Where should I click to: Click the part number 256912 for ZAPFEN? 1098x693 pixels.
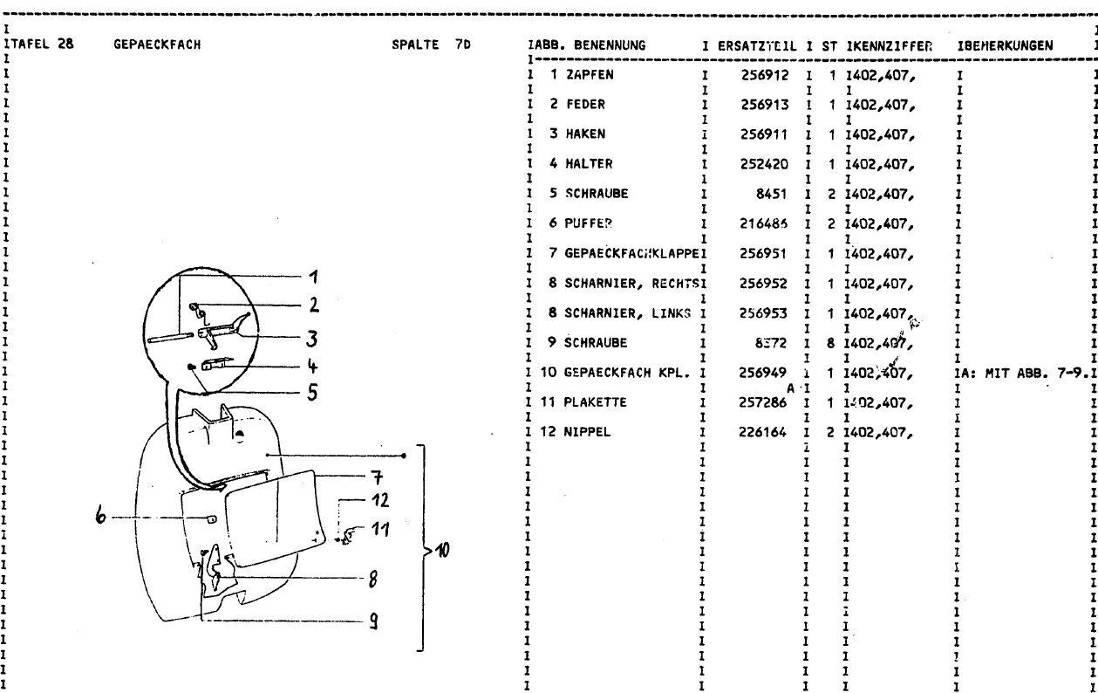coord(767,75)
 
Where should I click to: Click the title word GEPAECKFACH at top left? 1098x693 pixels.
coord(157,45)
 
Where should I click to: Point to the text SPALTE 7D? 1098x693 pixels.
coord(433,45)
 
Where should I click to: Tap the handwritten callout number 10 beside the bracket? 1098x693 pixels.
coord(444,550)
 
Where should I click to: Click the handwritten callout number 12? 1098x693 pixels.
coord(380,501)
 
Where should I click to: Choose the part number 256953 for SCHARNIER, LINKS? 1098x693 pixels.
coord(767,313)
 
